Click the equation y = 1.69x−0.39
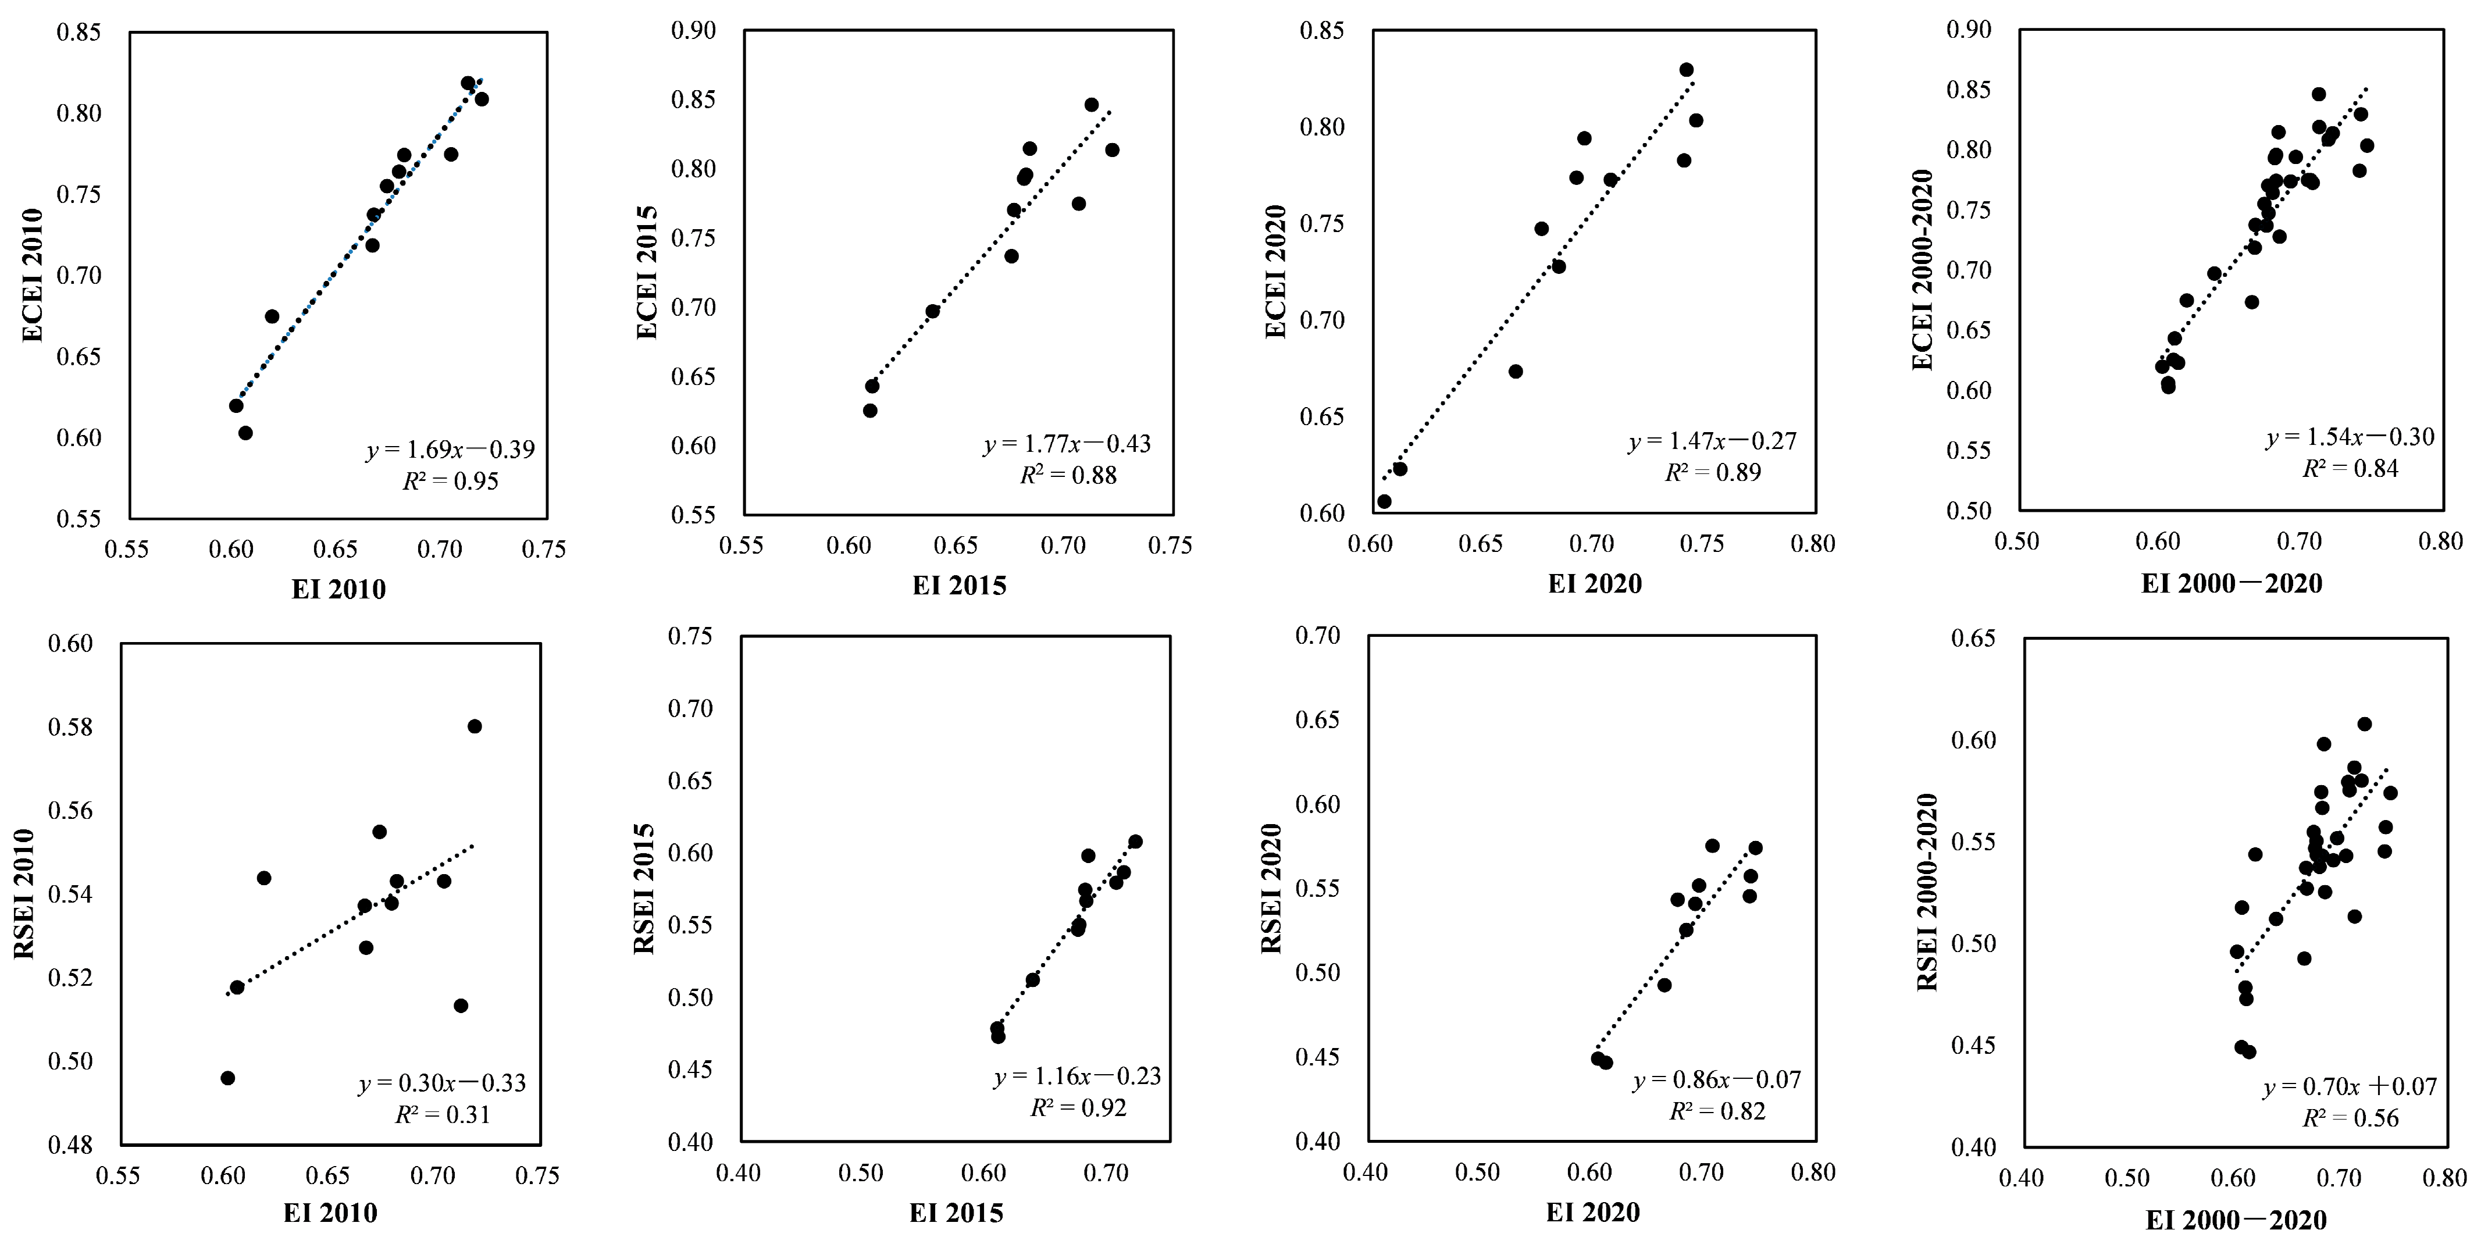[450, 450]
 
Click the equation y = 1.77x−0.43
[1067, 444]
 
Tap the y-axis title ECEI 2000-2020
[1922, 270]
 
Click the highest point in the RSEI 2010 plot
[475, 726]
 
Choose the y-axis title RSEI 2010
[24, 893]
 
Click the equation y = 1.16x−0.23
[1078, 1077]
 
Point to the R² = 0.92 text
[1078, 1107]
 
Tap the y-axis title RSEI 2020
[1271, 887]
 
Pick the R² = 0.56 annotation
[2350, 1118]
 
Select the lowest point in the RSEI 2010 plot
[228, 1078]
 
